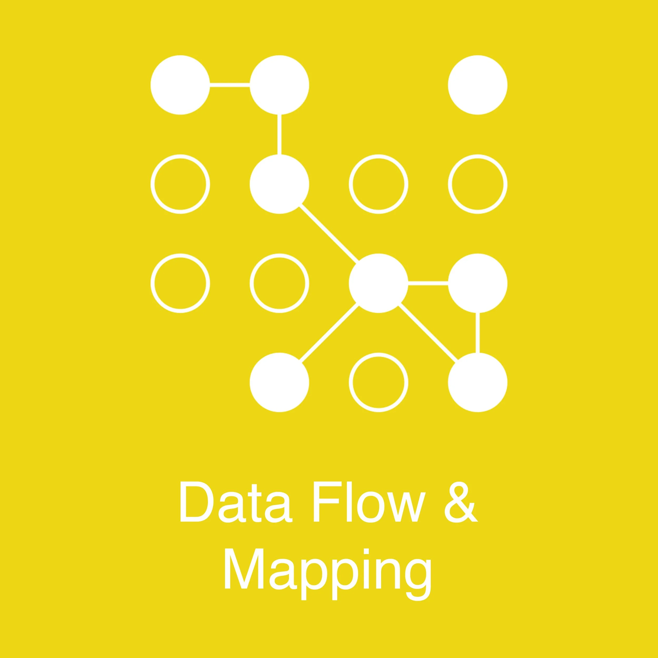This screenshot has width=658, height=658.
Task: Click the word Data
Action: (x=235, y=501)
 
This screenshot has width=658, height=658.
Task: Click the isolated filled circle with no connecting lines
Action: (x=477, y=85)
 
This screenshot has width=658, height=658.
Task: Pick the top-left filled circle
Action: (x=180, y=85)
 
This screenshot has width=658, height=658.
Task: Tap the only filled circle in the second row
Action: (x=279, y=184)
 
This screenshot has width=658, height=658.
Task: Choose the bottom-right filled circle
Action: (x=477, y=382)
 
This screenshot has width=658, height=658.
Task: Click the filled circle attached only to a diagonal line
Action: (x=279, y=382)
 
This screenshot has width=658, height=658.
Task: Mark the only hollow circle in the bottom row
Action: (x=378, y=382)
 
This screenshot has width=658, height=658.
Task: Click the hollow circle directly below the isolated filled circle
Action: (x=477, y=184)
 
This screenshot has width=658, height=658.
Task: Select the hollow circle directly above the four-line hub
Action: (x=378, y=184)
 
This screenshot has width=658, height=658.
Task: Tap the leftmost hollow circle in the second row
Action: (x=180, y=184)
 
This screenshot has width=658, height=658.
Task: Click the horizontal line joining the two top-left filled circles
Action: (x=230, y=85)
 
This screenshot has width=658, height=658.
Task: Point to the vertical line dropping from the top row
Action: (x=279, y=134)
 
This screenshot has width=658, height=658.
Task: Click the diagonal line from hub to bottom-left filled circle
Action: (x=329, y=333)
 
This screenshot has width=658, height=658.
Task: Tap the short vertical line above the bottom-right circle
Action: (x=477, y=333)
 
